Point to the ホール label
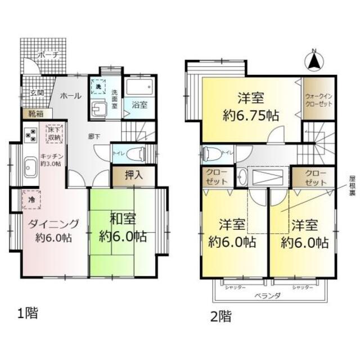tap(71, 96)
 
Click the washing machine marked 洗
tap(97, 87)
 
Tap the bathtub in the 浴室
tap(138, 88)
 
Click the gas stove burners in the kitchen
tap(30, 136)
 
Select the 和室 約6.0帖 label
tap(122, 227)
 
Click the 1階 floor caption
tap(26, 313)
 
